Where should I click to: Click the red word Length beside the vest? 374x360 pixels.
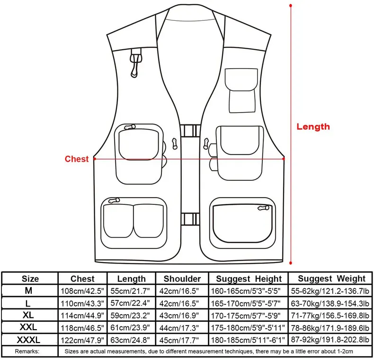coord(313,126)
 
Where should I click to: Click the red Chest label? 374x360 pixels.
coord(77,159)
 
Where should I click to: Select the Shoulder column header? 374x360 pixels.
coord(182,279)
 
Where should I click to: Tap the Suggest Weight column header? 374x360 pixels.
coord(331,279)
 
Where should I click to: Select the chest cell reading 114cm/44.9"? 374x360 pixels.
coord(83,315)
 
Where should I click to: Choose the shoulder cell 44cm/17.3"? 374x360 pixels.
coord(182,327)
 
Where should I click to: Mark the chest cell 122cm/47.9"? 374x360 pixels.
coord(83,340)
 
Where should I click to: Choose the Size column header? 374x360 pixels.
coord(30,279)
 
